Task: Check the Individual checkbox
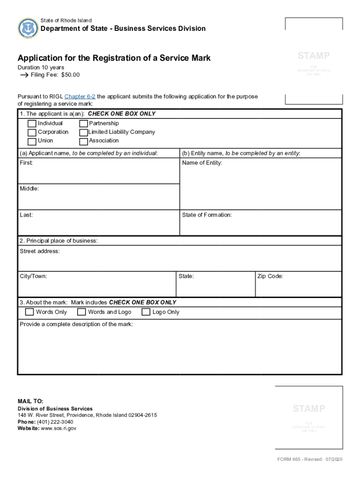(32, 124)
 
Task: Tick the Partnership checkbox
(83, 124)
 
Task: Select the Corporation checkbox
(32, 133)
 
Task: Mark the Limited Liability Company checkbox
(83, 133)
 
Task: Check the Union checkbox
(32, 141)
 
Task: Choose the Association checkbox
(83, 141)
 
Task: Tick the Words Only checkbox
(29, 312)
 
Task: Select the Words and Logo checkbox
(81, 312)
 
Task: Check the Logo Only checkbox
(146, 312)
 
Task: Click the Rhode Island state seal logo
(27, 29)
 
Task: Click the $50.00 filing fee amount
(71, 75)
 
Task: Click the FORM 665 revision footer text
(310, 459)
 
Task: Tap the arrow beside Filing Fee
(24, 75)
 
